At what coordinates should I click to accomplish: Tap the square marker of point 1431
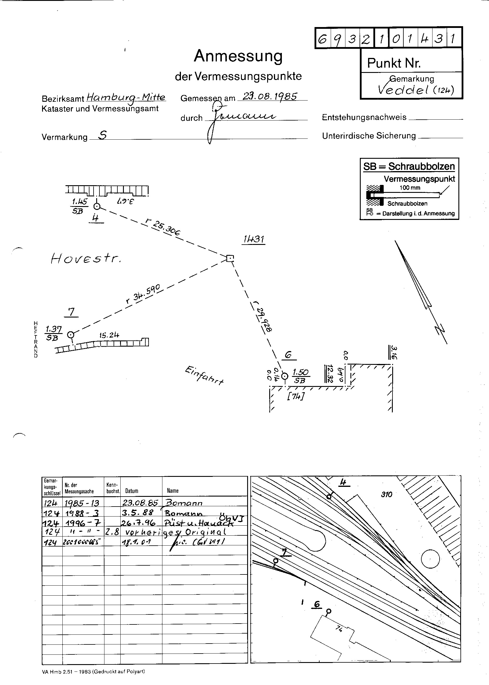coord(230,258)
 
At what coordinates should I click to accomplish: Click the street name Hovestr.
coord(86,258)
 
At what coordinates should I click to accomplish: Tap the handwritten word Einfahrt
coord(204,375)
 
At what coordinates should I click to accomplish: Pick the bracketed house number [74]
coord(295,397)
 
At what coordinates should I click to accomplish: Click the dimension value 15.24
coord(109,335)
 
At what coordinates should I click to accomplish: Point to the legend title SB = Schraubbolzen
coord(409,166)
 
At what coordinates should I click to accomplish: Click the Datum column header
coord(132,491)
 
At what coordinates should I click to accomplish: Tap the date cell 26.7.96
coord(138,523)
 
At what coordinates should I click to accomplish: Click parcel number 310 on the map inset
coord(386,494)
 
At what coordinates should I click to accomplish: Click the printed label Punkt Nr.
coord(394,63)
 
